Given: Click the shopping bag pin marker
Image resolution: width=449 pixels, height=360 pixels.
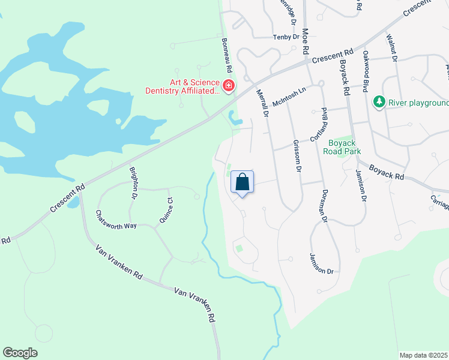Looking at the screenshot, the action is pyautogui.click(x=242, y=182).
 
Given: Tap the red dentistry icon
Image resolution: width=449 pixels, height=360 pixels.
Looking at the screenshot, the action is pyautogui.click(x=228, y=86).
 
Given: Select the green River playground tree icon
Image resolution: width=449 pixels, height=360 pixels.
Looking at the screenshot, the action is pyautogui.click(x=379, y=103).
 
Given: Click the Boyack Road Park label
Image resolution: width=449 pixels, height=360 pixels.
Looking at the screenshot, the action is pyautogui.click(x=343, y=147).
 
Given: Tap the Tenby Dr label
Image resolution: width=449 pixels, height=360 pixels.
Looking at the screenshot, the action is pyautogui.click(x=286, y=37).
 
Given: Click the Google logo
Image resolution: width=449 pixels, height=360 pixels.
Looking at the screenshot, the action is pyautogui.click(x=20, y=353).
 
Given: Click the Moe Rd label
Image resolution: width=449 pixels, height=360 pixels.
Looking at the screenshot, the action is pyautogui.click(x=306, y=40).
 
